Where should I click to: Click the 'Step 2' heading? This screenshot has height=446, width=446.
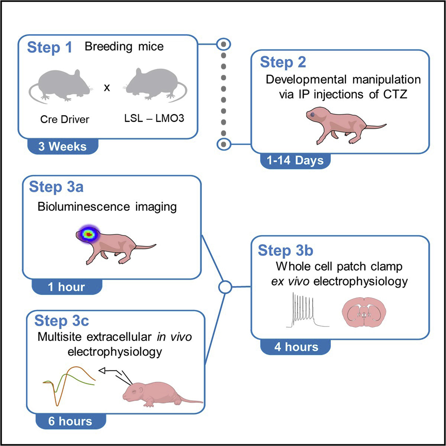284,62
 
